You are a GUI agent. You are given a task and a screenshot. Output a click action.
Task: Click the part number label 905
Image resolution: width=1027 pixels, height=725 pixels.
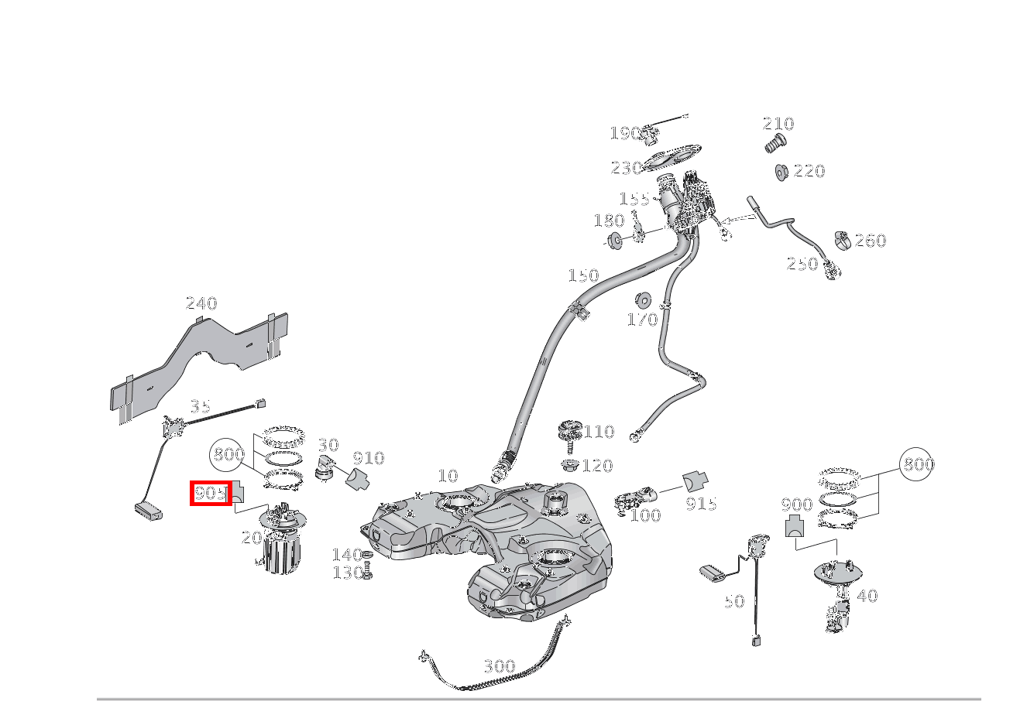coord(211,493)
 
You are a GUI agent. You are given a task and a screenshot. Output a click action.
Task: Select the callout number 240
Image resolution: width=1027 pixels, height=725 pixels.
coord(201,303)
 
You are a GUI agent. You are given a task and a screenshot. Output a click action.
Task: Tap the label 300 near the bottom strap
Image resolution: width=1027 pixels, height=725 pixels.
coord(499,666)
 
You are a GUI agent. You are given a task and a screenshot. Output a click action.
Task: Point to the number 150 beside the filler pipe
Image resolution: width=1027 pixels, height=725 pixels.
coord(583,275)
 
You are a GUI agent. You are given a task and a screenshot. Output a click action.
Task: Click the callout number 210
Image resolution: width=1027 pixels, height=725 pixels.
coord(778,124)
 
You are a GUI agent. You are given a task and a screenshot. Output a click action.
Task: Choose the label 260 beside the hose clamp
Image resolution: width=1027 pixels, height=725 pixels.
coord(870,241)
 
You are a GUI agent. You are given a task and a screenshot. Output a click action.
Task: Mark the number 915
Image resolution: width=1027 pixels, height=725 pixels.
coord(701,504)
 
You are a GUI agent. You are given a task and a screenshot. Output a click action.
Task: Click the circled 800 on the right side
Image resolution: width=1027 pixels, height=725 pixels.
coord(918,464)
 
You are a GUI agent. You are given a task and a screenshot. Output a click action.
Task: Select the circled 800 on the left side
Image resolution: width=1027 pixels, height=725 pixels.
coord(229,454)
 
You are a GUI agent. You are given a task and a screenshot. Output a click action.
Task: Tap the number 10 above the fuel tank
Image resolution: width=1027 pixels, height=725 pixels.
coord(448,476)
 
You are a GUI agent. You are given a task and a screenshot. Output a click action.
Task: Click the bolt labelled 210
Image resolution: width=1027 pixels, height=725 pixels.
coord(775,142)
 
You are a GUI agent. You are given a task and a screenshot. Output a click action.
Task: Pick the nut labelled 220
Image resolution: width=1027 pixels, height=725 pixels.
coord(781,171)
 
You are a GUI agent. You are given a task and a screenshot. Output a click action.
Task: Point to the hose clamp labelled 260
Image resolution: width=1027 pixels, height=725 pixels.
coord(842,241)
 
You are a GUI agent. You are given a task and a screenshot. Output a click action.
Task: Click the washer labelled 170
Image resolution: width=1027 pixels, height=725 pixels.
coord(642,299)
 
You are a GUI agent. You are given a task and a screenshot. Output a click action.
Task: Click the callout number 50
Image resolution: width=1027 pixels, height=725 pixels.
coord(734,601)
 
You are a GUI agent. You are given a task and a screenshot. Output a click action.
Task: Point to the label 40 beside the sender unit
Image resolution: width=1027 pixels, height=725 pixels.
coord(867,596)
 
